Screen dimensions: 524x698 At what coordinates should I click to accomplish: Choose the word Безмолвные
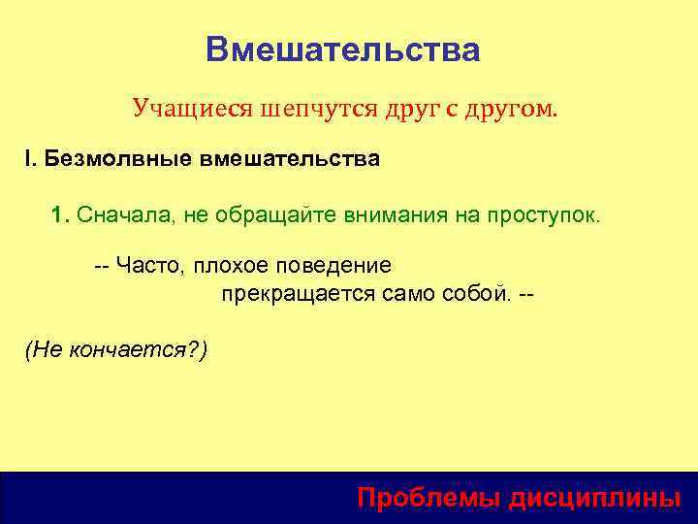click(115, 158)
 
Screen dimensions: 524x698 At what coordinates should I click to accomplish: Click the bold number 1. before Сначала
click(61, 213)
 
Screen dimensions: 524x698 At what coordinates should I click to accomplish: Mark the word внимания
click(394, 213)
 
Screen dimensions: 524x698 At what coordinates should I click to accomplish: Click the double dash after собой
click(527, 292)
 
